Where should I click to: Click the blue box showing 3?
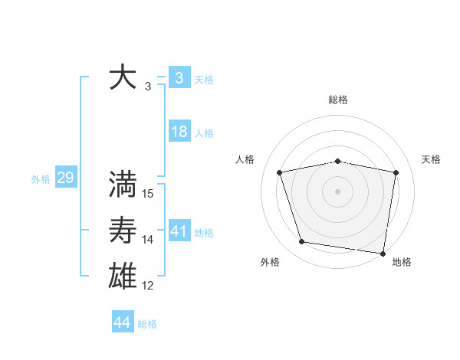click(x=179, y=77)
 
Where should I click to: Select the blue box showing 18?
click(x=179, y=132)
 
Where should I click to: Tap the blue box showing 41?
click(x=179, y=231)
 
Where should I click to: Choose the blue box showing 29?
click(x=65, y=178)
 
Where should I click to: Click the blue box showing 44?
click(x=122, y=322)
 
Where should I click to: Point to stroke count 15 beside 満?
click(x=148, y=194)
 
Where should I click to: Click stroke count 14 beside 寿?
click(x=148, y=240)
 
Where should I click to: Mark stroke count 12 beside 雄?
click(x=148, y=286)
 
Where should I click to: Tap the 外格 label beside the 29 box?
click(x=41, y=179)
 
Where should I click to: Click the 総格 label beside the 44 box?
click(x=147, y=324)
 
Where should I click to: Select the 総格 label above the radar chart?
click(x=338, y=100)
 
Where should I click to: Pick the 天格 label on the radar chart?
click(x=431, y=159)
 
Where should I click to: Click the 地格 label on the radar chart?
click(x=402, y=262)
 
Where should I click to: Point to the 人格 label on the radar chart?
click(x=245, y=159)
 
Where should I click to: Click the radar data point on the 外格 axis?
click(x=302, y=242)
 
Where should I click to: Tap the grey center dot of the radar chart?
click(x=338, y=191)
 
